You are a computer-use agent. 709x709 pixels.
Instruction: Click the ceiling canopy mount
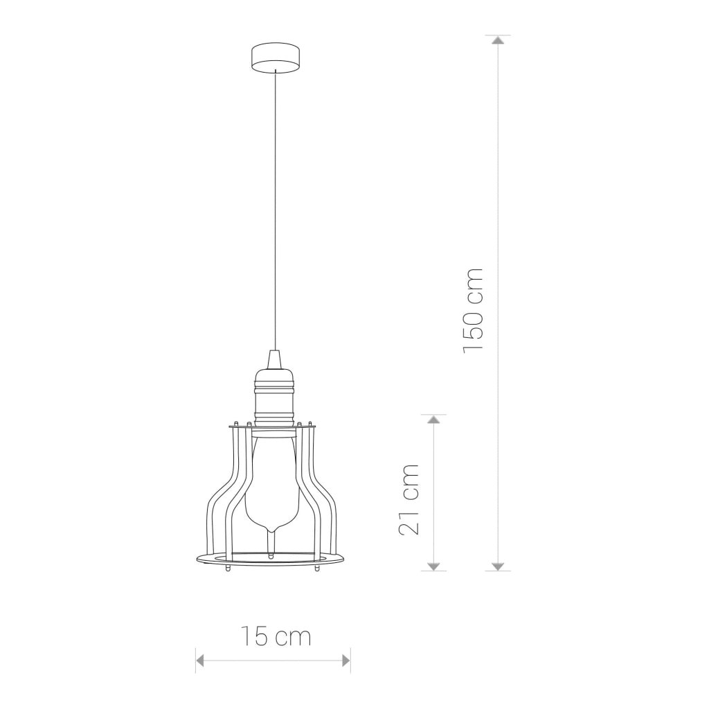(275, 57)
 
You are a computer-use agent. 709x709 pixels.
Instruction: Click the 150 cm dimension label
(474, 310)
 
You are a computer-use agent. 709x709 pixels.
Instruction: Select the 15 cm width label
(276, 636)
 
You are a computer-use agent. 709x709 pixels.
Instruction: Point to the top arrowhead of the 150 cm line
(498, 39)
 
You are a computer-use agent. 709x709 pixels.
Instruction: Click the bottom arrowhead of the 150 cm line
(498, 566)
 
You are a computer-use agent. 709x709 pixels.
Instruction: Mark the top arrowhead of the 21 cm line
(433, 419)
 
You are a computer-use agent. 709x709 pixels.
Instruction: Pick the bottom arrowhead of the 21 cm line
(433, 566)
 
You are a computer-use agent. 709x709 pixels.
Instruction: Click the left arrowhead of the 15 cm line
(200, 661)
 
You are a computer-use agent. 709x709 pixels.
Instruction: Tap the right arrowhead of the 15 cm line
(346, 661)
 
